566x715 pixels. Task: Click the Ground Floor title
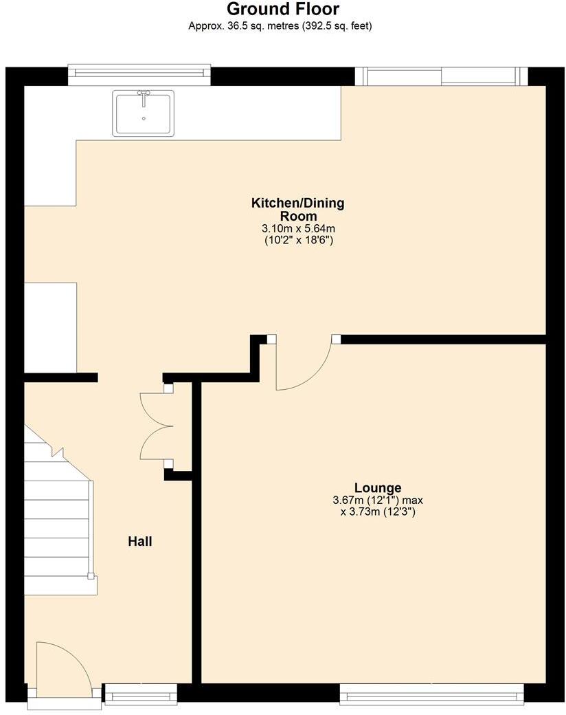point(282,10)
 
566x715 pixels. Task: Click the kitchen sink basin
point(144,114)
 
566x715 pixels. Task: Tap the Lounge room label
point(378,488)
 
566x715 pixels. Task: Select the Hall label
point(140,542)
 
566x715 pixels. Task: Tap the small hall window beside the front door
point(140,694)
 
